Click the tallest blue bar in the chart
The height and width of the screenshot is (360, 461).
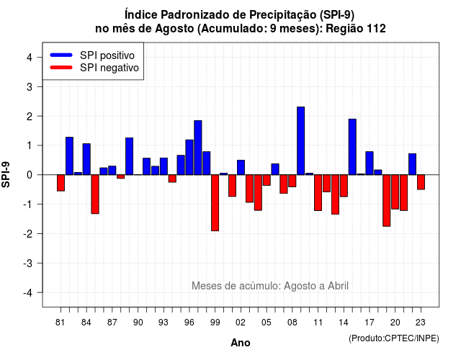(301, 141)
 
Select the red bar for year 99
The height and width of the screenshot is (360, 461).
(215, 203)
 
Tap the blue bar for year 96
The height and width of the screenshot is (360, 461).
(189, 157)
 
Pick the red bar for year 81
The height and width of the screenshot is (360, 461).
(61, 183)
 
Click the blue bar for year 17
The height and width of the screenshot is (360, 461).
(370, 163)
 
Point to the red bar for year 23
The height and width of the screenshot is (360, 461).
(421, 182)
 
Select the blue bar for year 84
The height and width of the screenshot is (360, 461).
(86, 159)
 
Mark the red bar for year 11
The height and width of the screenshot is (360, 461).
(318, 193)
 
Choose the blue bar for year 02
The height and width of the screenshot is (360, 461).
(241, 168)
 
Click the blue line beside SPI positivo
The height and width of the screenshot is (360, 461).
(61, 55)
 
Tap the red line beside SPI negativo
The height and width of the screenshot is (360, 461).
(61, 68)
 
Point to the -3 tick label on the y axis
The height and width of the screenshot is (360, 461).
(28, 264)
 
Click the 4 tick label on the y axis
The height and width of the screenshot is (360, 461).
(30, 58)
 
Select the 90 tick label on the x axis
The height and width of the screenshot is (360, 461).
(138, 323)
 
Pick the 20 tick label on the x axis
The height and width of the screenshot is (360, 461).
(395, 323)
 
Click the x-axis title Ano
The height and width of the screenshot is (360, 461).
(241, 343)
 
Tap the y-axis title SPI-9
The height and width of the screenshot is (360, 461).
(6, 174)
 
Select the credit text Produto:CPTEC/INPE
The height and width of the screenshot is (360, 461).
(394, 338)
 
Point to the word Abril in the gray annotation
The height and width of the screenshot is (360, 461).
(338, 285)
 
